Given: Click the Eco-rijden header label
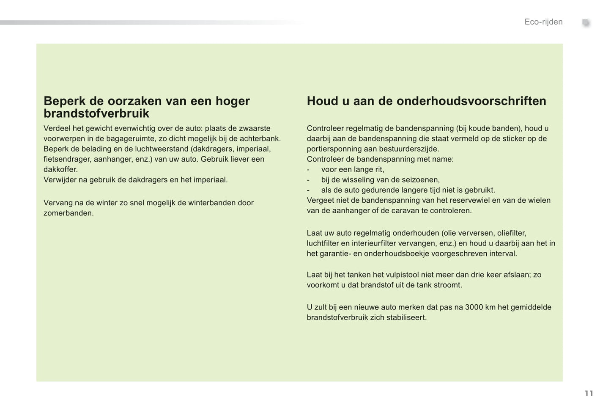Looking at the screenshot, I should point(543,22).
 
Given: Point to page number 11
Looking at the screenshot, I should point(589,394).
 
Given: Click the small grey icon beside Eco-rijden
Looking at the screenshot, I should point(586,23).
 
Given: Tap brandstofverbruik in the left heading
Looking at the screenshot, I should point(96,113).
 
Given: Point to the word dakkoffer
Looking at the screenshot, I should point(60,169).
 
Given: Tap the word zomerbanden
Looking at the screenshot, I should point(68,213).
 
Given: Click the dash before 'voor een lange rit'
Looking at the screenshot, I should point(308,170).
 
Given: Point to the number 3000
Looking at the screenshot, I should point(474,307).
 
